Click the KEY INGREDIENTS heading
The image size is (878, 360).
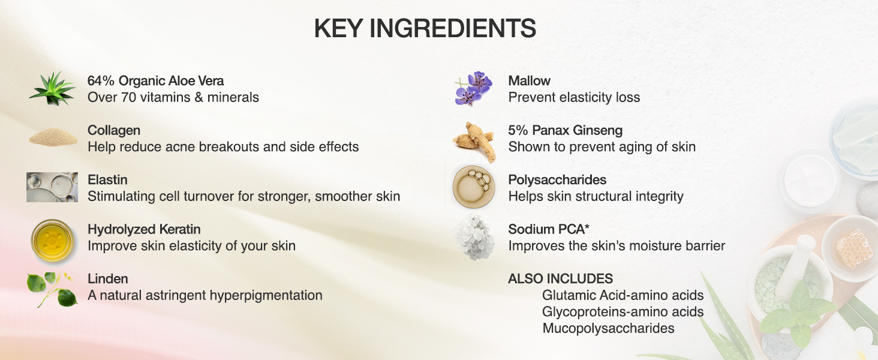coord(425,29)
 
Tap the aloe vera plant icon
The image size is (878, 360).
coord(52,89)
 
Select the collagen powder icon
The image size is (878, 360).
coord(53,138)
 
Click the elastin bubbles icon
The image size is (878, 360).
coord(52,187)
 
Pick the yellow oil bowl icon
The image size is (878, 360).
coord(52,239)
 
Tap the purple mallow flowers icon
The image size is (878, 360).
coord(473,89)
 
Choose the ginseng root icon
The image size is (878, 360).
coord(473,140)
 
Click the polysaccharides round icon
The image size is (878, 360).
coord(473,187)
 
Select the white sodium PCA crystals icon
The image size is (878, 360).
coord(474,238)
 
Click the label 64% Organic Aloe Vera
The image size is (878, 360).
coord(155,81)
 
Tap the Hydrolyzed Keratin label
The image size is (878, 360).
coord(144,229)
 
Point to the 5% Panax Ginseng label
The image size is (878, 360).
coord(566,130)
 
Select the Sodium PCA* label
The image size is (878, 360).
coord(542,229)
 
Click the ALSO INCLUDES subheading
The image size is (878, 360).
coord(560,278)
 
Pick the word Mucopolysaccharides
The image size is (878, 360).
coord(608,328)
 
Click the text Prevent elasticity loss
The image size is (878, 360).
coord(574,97)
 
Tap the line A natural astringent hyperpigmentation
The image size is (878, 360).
coord(205,295)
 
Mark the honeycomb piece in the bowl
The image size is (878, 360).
coord(855,248)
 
